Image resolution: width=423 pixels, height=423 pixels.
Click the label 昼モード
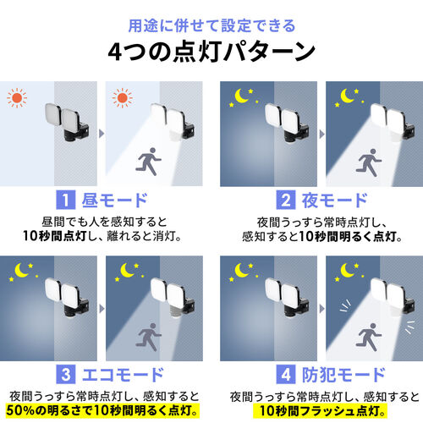tap(115, 201)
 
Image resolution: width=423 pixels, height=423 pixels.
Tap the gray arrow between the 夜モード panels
tap(318, 134)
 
